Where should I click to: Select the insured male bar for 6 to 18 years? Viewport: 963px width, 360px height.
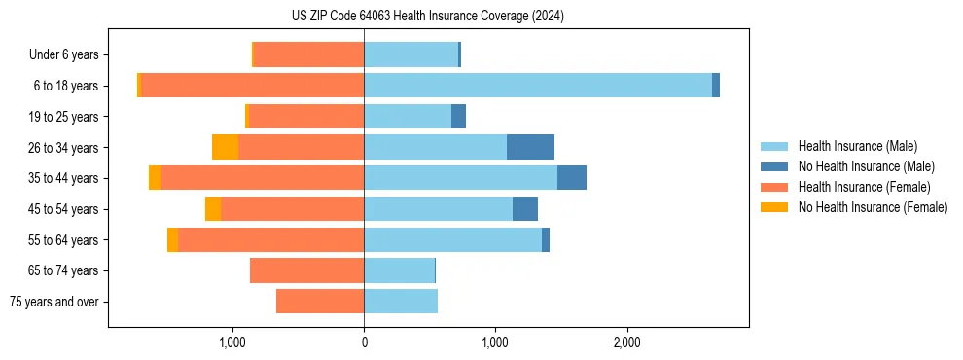537,86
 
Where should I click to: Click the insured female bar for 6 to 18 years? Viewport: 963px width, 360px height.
253,86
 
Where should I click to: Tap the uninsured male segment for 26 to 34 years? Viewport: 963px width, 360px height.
530,147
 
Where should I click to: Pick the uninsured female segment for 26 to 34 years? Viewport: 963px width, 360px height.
225,147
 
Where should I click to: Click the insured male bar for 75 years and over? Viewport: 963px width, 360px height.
401,302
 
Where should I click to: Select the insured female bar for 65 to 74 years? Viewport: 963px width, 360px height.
306,270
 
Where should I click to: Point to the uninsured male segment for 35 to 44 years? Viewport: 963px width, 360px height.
571,178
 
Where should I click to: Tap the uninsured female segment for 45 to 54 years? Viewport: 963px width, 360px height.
213,209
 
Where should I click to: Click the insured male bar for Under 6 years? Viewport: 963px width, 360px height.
410,54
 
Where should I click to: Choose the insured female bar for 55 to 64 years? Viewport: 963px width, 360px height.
270,239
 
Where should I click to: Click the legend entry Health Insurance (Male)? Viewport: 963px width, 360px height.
857,146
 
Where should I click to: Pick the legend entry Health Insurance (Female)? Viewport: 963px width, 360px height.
864,187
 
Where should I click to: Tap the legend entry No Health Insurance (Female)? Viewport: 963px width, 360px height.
873,207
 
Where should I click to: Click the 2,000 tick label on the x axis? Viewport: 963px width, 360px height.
626,342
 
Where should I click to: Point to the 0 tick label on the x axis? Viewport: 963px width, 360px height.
364,342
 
